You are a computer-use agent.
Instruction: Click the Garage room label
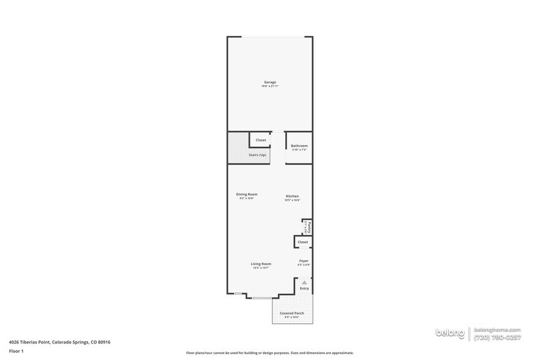[x=270, y=82]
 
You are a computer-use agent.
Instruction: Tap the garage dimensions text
[x=270, y=86]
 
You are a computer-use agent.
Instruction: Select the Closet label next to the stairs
[x=261, y=140]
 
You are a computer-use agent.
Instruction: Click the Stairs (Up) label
[x=257, y=155]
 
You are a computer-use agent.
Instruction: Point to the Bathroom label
[x=299, y=146]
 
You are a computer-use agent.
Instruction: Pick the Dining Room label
[x=247, y=194]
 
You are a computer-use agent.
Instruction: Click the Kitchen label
[x=292, y=196]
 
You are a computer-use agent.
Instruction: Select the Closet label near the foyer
[x=303, y=242]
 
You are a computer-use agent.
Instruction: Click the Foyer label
[x=304, y=261]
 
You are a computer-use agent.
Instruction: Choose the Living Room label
[x=261, y=264]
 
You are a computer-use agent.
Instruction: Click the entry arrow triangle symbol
[x=304, y=282]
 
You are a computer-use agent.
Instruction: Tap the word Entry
[x=304, y=288]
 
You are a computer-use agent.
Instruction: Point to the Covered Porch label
[x=291, y=313]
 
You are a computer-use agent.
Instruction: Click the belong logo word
[x=450, y=333]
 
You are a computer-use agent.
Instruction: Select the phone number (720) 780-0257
[x=497, y=337]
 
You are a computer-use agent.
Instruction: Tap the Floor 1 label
[x=16, y=351]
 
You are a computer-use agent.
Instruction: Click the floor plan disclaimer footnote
[x=270, y=353]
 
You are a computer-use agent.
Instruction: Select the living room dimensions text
[x=261, y=268]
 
